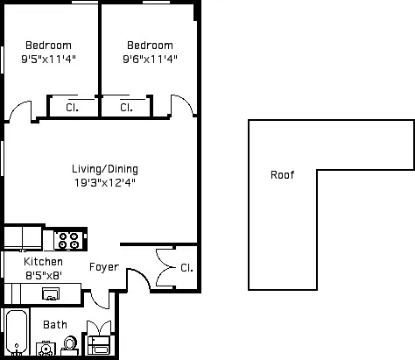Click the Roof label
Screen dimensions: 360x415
click(x=282, y=174)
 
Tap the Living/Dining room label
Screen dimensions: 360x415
click(x=105, y=169)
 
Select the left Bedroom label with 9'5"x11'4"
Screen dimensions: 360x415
click(x=48, y=46)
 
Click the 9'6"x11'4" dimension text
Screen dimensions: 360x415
click(x=150, y=60)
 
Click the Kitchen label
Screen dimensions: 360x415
click(x=43, y=262)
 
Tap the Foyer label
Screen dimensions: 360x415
click(x=104, y=267)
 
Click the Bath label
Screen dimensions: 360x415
click(x=55, y=324)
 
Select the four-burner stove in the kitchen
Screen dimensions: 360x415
click(x=69, y=237)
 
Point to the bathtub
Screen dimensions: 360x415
click(x=16, y=334)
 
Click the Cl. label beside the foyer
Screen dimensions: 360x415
click(x=187, y=267)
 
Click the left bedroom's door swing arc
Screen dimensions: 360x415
click(x=18, y=111)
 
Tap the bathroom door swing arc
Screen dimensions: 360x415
click(x=101, y=298)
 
